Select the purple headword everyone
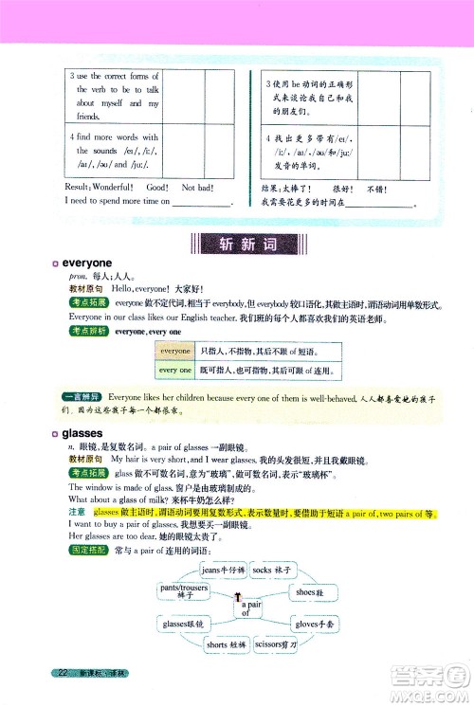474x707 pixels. [87, 263]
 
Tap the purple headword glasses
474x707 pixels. [85, 434]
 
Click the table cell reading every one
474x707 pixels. [174, 371]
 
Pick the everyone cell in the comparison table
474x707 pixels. [174, 351]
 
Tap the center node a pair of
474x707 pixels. [249, 607]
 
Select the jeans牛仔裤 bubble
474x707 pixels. [224, 570]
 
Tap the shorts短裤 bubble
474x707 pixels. [225, 645]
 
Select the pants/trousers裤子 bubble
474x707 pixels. [186, 591]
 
